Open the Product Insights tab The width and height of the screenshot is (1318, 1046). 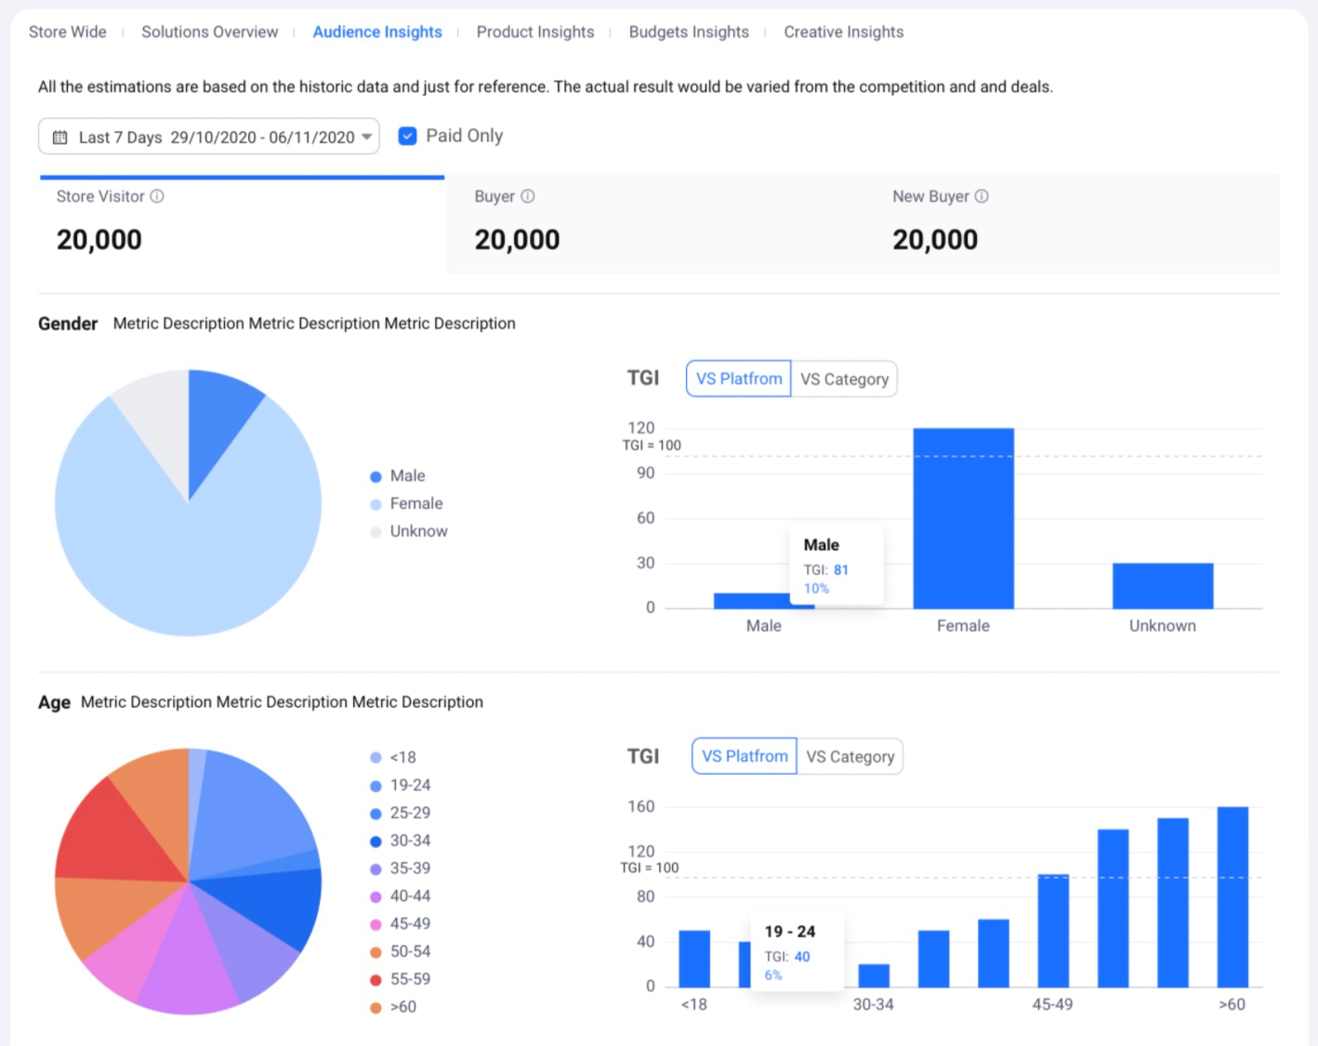click(x=534, y=32)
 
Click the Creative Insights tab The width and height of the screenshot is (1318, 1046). click(x=843, y=32)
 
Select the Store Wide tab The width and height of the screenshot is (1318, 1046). click(x=67, y=32)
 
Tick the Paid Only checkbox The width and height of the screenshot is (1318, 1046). click(x=407, y=137)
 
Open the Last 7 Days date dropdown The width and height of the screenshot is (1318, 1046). click(x=208, y=137)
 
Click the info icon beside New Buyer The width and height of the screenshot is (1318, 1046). click(x=982, y=196)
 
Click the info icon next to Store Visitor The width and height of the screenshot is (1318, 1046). click(x=157, y=196)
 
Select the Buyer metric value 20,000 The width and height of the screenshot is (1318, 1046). click(x=517, y=240)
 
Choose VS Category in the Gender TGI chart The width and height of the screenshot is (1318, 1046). click(x=844, y=379)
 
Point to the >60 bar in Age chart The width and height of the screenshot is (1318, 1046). click(x=1232, y=896)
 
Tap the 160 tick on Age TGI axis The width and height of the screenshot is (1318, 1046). click(x=640, y=806)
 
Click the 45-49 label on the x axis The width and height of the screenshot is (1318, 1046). click(x=1052, y=1004)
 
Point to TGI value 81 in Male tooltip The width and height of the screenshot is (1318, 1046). click(x=840, y=569)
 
